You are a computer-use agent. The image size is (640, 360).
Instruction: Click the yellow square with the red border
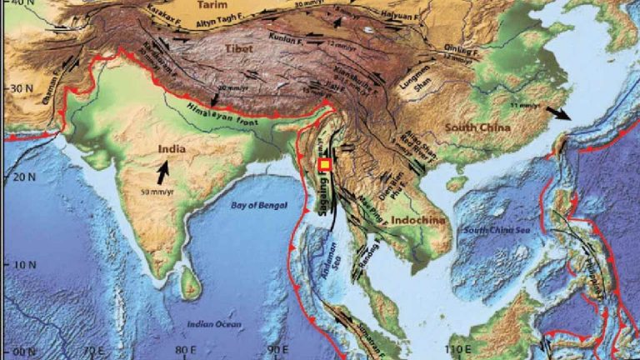click(x=325, y=166)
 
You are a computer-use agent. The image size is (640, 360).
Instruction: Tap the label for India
click(x=172, y=150)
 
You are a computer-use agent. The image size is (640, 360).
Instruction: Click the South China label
click(x=477, y=127)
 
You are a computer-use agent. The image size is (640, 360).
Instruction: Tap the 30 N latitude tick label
click(x=16, y=87)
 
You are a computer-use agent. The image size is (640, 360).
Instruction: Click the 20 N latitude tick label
click(x=16, y=177)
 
